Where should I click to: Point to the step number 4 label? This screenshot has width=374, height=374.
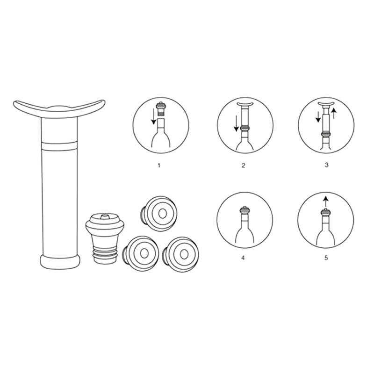(243, 258)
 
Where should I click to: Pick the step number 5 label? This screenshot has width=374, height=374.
(326, 258)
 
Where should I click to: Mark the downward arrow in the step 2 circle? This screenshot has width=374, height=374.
(236, 123)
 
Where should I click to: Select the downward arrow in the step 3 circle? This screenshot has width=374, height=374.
(319, 117)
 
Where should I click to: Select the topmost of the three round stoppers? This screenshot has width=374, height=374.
(159, 213)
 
